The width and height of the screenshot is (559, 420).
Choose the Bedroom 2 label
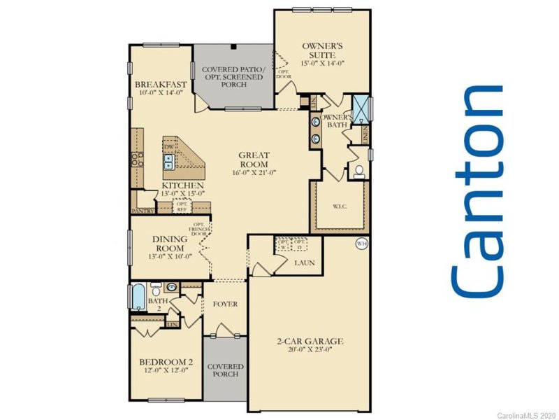click(166, 362)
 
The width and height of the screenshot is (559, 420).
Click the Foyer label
click(226, 304)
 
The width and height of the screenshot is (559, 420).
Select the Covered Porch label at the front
click(225, 370)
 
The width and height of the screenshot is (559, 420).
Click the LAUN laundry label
click(304, 263)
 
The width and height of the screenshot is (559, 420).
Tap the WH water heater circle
click(361, 244)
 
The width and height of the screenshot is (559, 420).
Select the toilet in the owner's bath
click(358, 171)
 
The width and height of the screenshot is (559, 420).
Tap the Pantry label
click(142, 210)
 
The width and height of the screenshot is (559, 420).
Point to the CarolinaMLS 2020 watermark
click(526, 414)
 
